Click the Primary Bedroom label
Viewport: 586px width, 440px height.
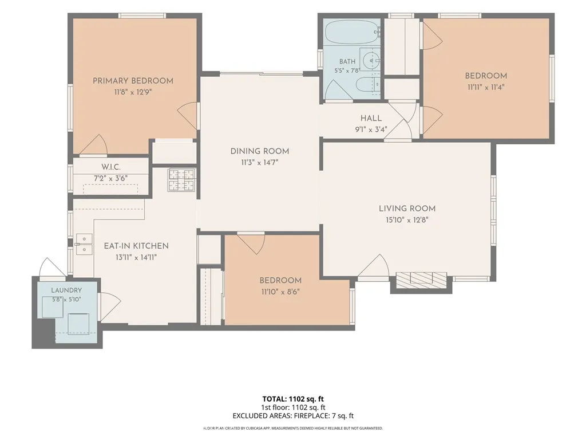click(x=133, y=81)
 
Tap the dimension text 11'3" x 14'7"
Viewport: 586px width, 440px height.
click(x=260, y=163)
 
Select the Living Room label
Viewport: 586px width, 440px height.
click(x=407, y=209)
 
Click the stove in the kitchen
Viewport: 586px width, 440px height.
click(x=181, y=180)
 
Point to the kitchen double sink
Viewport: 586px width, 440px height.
click(x=84, y=244)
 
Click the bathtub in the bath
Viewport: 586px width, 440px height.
click(x=352, y=33)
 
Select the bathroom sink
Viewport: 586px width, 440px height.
click(x=370, y=60)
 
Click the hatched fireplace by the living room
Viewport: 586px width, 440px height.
click(x=421, y=280)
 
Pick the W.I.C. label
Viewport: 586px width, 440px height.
click(x=110, y=167)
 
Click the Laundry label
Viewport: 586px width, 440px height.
click(x=66, y=290)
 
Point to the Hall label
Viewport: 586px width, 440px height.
click(x=371, y=118)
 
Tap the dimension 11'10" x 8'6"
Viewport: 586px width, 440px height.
click(x=280, y=292)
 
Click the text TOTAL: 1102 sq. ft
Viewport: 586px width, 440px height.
click(x=293, y=399)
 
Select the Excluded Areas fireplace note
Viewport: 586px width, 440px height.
click(x=293, y=416)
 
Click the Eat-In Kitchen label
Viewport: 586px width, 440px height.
click(x=136, y=246)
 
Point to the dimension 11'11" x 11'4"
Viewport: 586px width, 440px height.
click(x=486, y=87)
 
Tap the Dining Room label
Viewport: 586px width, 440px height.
click(x=260, y=151)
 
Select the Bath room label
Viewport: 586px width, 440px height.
click(x=347, y=61)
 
